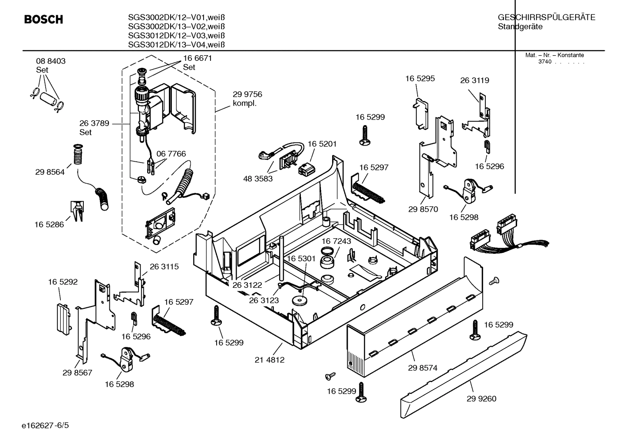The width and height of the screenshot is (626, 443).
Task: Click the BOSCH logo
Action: pos(43,20)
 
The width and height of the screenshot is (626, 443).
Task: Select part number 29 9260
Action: pos(481,399)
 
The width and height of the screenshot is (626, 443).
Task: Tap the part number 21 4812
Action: pos(270,360)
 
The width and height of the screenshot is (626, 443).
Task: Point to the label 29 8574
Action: pos(422,368)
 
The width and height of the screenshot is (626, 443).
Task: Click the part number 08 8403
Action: pos(51,61)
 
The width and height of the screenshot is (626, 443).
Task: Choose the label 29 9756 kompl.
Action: pos(247,99)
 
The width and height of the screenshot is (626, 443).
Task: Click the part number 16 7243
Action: pos(336,241)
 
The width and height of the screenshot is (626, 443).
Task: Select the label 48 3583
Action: pos(258,178)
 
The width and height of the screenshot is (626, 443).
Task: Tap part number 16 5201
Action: pos(322,144)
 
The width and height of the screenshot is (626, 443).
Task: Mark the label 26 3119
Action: pos(474,80)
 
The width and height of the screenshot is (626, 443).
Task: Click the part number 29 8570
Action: pos(423,209)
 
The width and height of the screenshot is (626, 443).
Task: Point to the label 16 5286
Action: pos(49,224)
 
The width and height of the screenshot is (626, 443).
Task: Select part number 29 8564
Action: pos(50,172)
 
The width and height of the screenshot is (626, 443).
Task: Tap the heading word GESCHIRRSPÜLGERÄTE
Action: pos(546,17)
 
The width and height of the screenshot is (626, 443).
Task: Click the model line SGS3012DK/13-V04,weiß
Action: pos(176,45)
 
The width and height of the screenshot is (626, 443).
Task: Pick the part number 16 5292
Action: pos(63,282)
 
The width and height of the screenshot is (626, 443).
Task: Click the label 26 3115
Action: pos(164,266)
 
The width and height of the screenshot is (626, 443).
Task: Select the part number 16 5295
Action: pos(420,79)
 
